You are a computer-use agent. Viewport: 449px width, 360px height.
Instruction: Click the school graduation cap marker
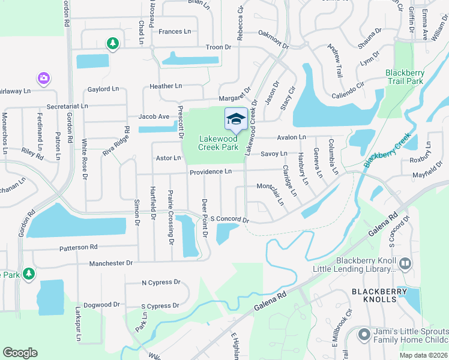tap(236, 119)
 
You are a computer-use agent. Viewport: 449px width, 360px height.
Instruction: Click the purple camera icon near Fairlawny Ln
tap(43, 78)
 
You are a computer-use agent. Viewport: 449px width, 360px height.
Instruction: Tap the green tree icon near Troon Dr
tap(112, 43)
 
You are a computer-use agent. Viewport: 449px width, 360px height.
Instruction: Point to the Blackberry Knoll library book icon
tap(405, 263)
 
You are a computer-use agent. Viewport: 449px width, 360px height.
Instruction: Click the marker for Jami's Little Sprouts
tap(363, 334)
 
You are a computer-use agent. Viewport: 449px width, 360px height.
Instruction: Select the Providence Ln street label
tap(211, 172)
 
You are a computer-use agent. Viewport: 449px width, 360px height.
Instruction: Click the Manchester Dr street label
tap(110, 263)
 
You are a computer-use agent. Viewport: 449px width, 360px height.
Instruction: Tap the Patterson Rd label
tap(77, 247)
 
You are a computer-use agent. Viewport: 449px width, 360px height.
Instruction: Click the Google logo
tap(20, 353)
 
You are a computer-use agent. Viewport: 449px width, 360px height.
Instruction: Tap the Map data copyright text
tap(424, 355)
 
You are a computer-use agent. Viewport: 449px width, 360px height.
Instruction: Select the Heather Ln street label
tap(165, 86)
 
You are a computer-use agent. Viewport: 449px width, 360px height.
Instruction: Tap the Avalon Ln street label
tap(292, 137)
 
